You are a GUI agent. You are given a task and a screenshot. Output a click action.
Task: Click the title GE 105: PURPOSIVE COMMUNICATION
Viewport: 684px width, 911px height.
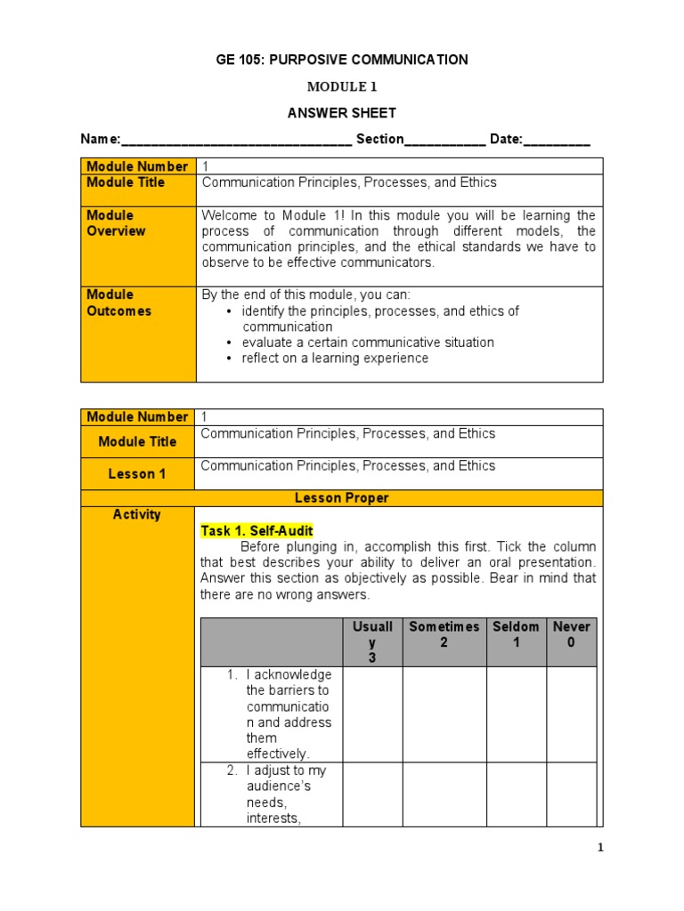(342, 60)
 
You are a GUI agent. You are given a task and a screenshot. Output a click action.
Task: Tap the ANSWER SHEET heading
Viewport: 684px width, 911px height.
(341, 113)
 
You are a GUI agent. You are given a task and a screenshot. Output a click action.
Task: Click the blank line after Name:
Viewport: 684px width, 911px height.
(236, 140)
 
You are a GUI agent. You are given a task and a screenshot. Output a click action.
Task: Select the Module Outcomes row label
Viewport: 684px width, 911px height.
(118, 302)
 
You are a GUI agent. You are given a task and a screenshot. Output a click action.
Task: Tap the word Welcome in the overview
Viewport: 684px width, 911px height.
(228, 215)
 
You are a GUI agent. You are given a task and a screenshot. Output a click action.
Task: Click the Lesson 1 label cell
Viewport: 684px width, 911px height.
(137, 474)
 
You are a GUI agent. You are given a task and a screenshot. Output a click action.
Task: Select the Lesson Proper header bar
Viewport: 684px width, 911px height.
(342, 498)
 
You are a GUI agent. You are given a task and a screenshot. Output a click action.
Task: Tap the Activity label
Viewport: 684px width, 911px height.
(137, 514)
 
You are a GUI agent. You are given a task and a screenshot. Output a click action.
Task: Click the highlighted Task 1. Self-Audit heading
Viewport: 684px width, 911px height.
(257, 531)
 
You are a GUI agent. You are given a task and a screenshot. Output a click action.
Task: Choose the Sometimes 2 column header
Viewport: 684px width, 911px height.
(444, 634)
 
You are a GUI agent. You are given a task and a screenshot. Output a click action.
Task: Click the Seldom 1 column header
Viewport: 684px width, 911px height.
(516, 634)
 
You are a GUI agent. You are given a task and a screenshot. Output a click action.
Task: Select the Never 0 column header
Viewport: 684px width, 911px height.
(571, 634)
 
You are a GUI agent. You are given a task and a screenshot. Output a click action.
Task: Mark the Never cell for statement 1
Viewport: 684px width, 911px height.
(571, 713)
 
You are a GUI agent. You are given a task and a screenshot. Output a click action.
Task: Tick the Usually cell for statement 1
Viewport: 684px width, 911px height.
(372, 713)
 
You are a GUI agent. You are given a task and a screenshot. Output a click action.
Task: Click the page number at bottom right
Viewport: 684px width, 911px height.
(600, 848)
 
